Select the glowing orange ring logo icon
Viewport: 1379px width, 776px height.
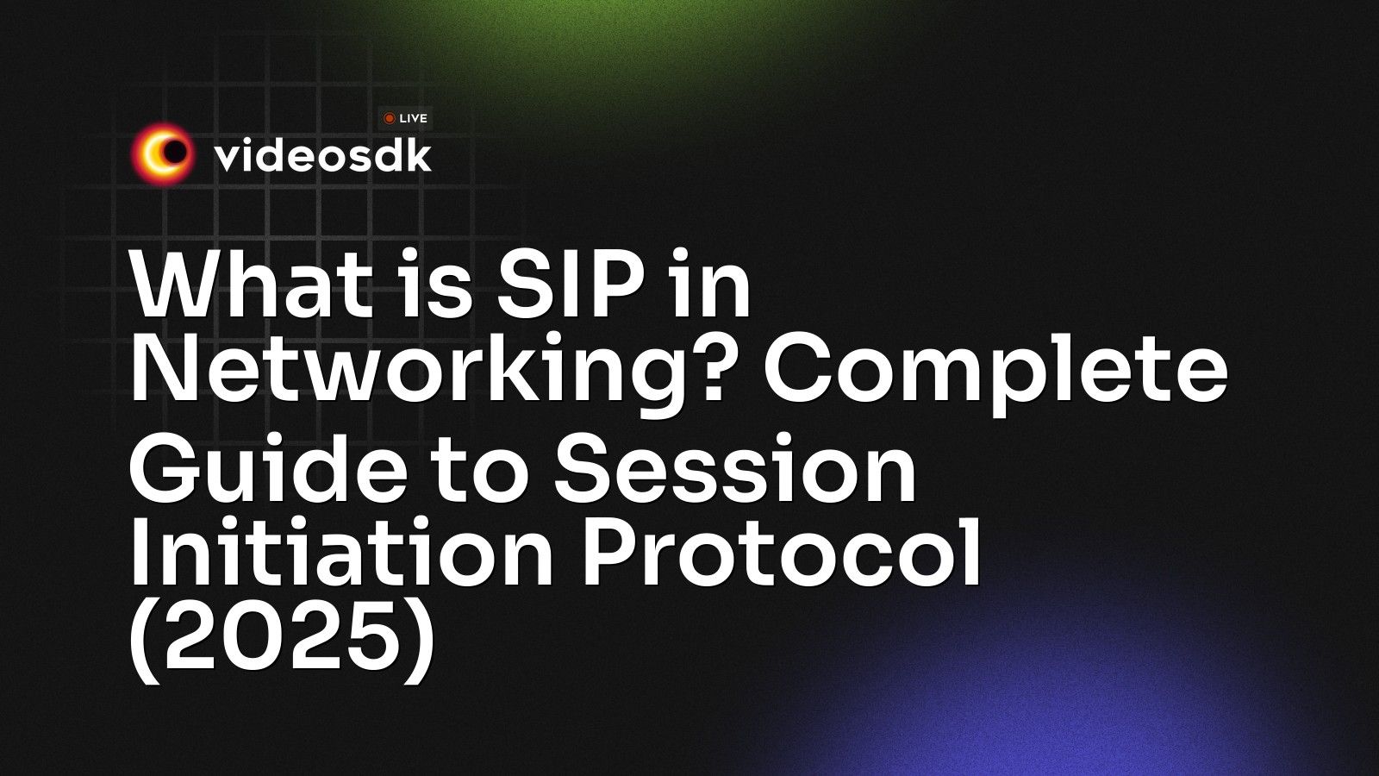pyautogui.click(x=161, y=154)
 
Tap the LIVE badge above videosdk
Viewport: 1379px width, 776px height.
pyautogui.click(x=405, y=118)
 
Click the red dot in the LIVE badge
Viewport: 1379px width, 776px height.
pyautogui.click(x=390, y=118)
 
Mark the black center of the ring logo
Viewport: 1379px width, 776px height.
pyautogui.click(x=175, y=153)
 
